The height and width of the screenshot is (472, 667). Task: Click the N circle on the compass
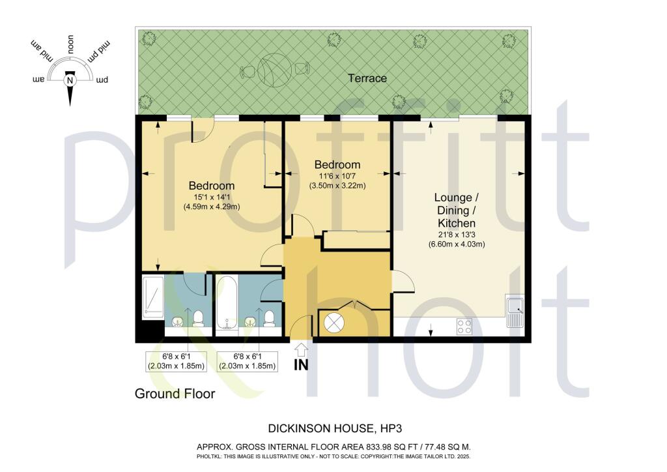(x=70, y=80)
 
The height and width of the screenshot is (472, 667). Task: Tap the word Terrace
(x=367, y=78)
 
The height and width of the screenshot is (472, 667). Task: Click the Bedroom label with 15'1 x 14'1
(x=212, y=185)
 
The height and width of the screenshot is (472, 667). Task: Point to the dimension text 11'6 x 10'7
(x=337, y=175)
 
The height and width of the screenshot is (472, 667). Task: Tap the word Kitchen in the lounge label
(x=461, y=224)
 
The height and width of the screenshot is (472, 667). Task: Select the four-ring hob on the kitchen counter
(x=465, y=326)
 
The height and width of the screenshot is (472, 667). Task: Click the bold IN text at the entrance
(x=301, y=365)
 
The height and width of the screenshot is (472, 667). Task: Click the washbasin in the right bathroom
(x=250, y=321)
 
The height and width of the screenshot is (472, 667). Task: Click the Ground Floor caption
(x=175, y=394)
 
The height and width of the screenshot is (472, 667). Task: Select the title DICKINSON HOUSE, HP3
(x=333, y=428)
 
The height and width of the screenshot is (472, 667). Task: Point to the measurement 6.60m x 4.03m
(x=461, y=244)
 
